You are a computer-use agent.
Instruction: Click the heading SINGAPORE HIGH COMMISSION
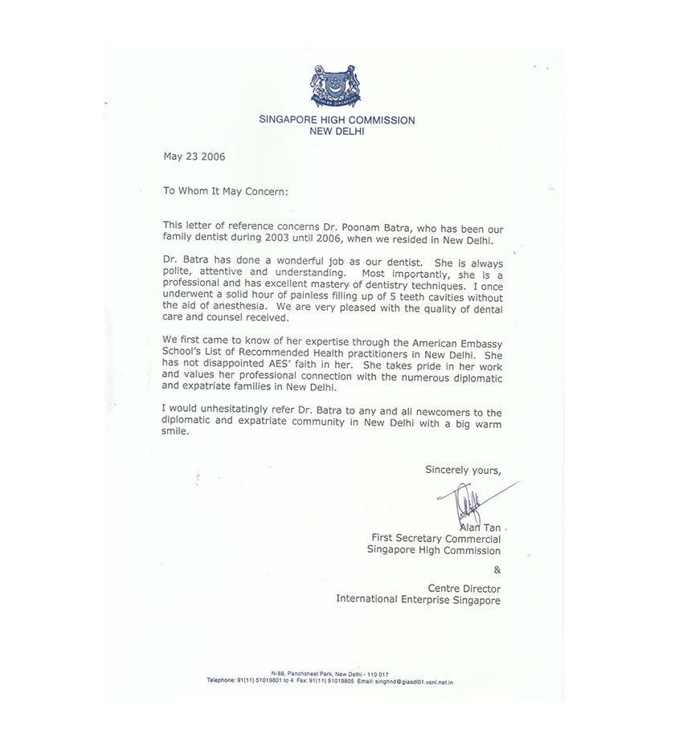337,120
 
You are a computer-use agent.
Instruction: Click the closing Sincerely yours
463,470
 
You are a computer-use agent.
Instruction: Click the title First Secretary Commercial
435,539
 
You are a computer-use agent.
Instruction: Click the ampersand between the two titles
496,569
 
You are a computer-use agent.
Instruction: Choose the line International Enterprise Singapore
418,599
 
